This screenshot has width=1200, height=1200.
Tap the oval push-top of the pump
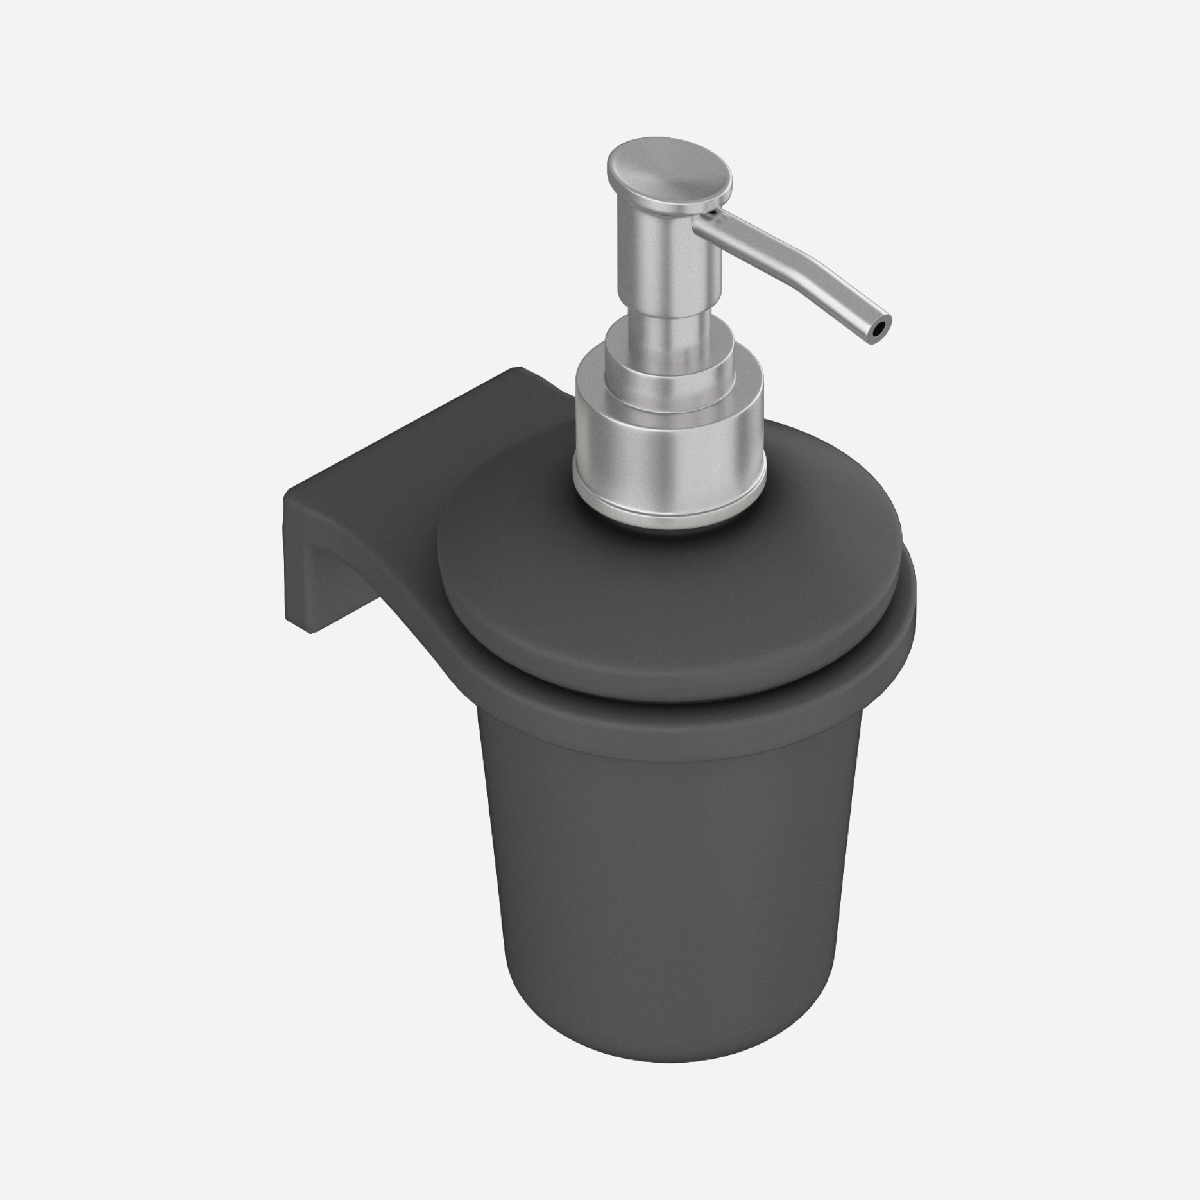tap(667, 168)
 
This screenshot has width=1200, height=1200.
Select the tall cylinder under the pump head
tap(667, 261)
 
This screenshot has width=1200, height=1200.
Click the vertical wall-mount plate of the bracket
tap(296, 559)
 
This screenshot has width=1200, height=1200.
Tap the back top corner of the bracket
tap(516, 371)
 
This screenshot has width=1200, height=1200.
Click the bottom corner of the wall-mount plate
tap(310, 630)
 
